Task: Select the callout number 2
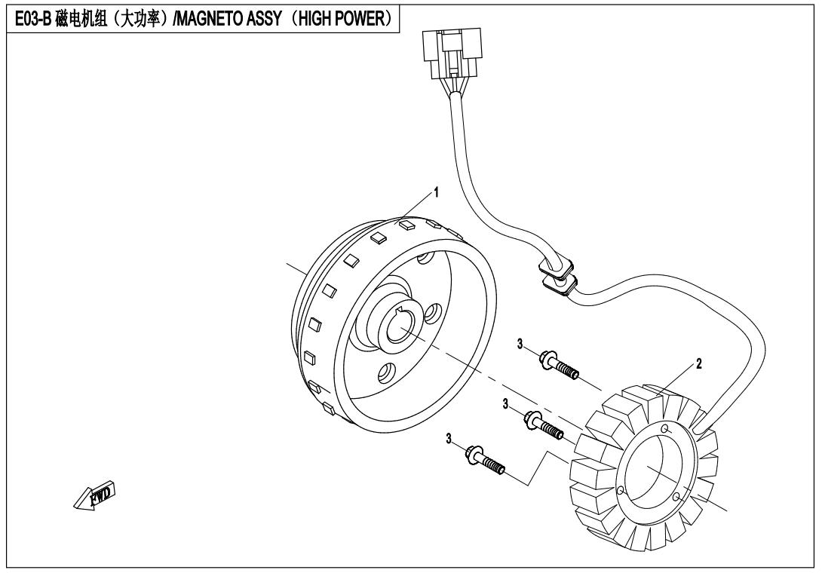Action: tap(699, 364)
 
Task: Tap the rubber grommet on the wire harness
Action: tap(557, 274)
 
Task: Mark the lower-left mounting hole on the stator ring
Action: tap(621, 491)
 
